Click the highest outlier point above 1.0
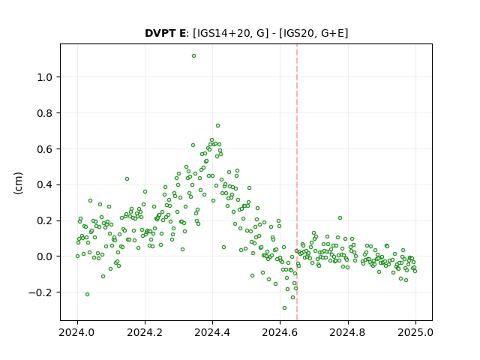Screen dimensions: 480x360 (x=193, y=55)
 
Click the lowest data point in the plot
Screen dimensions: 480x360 (x=284, y=307)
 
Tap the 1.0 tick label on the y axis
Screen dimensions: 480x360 (x=44, y=77)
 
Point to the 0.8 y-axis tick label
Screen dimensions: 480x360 (x=44, y=113)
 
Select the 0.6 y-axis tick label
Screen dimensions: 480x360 (x=44, y=148)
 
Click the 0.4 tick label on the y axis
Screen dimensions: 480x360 (x=44, y=184)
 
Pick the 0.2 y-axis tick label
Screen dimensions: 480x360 (x=44, y=220)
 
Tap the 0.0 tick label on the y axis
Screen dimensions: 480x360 (x=44, y=256)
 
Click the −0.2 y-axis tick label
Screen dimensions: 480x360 (x=40, y=292)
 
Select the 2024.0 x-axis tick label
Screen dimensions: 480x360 (x=77, y=332)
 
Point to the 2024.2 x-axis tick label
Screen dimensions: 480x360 (x=145, y=332)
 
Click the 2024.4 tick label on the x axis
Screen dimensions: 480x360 (x=212, y=332)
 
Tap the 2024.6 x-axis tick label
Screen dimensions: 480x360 (x=280, y=332)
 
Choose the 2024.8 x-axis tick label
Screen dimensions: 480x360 (x=348, y=332)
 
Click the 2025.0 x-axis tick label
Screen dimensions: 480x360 (x=415, y=332)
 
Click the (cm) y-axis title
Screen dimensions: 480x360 (x=18, y=183)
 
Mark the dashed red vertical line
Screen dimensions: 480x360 (x=297, y=182)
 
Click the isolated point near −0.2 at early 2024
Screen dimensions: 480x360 (x=87, y=294)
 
